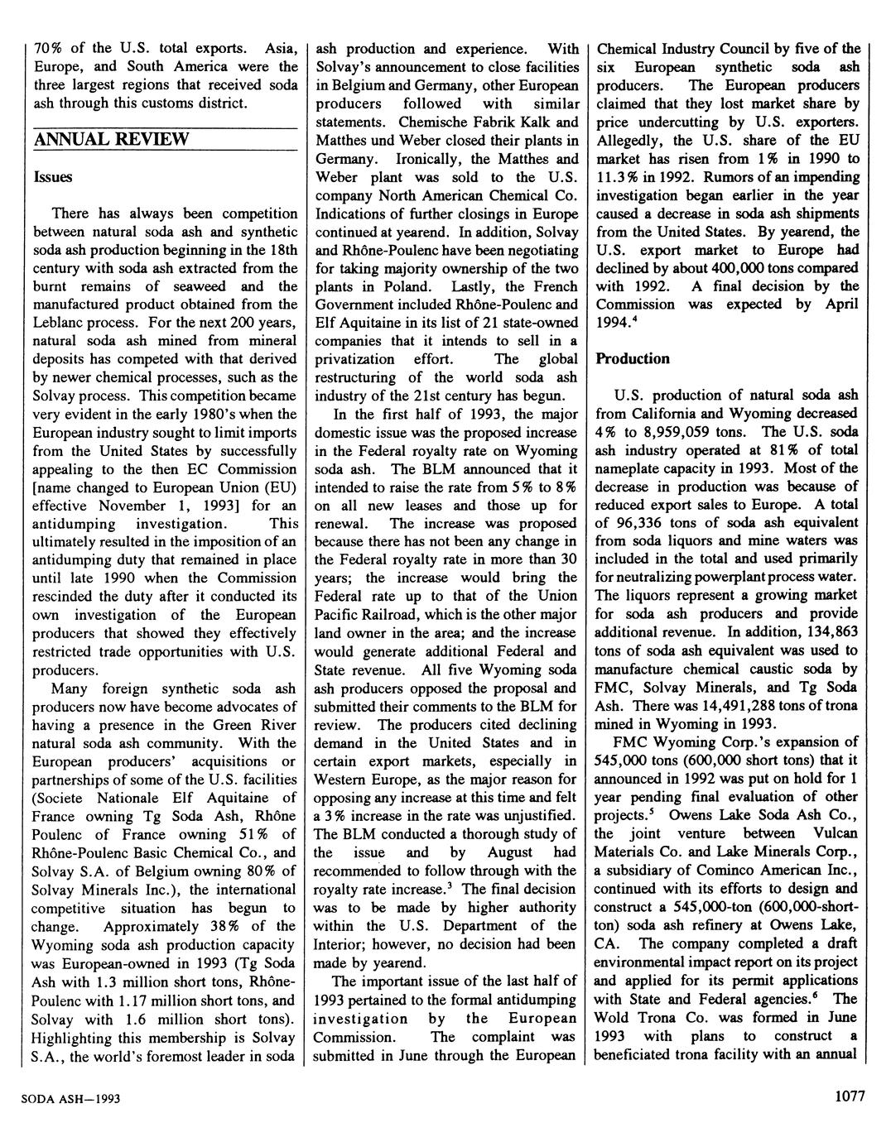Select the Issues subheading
[x=53, y=177]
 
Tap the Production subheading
[x=633, y=358]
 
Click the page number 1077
[x=850, y=1096]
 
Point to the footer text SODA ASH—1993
[x=71, y=1098]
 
